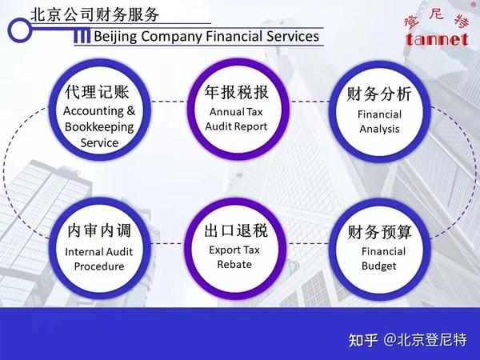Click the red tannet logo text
(437, 39)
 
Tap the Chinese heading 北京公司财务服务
(95, 14)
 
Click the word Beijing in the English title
(115, 37)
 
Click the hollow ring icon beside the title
(19, 30)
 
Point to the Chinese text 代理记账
(97, 92)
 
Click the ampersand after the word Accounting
(130, 111)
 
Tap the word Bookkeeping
(99, 127)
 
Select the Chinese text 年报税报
(236, 92)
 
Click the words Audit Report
(236, 126)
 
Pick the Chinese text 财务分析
(379, 94)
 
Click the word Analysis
(379, 129)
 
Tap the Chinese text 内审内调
(99, 230)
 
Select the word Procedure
(99, 266)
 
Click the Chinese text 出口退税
(236, 230)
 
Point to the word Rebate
(234, 264)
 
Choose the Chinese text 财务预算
(379, 232)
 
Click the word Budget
(379, 266)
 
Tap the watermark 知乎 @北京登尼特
(407, 340)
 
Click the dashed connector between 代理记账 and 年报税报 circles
(170, 102)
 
